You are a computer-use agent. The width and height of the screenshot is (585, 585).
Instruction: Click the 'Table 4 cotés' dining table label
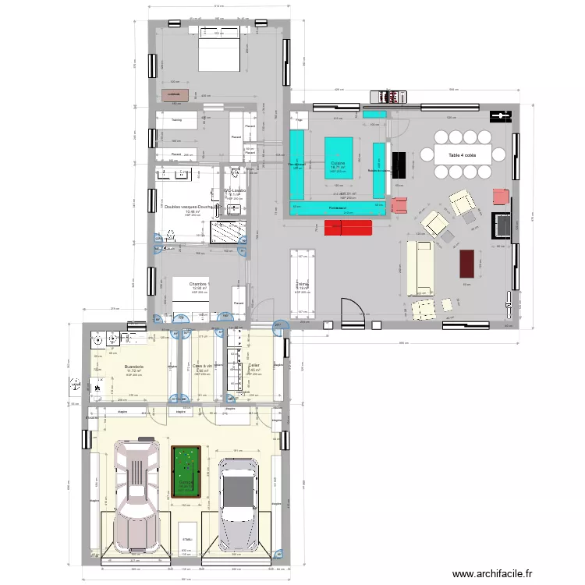pyautogui.click(x=465, y=155)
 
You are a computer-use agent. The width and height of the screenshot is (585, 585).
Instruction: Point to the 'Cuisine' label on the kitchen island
pyautogui.click(x=338, y=163)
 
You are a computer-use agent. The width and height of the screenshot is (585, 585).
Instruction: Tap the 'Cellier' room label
pyautogui.click(x=253, y=365)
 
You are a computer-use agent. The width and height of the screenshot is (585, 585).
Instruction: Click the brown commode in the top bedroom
pyautogui.click(x=172, y=94)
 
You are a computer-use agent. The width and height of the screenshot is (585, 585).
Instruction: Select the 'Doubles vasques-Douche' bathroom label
pyautogui.click(x=191, y=207)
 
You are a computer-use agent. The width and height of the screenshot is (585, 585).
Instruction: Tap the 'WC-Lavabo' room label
pyautogui.click(x=235, y=190)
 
